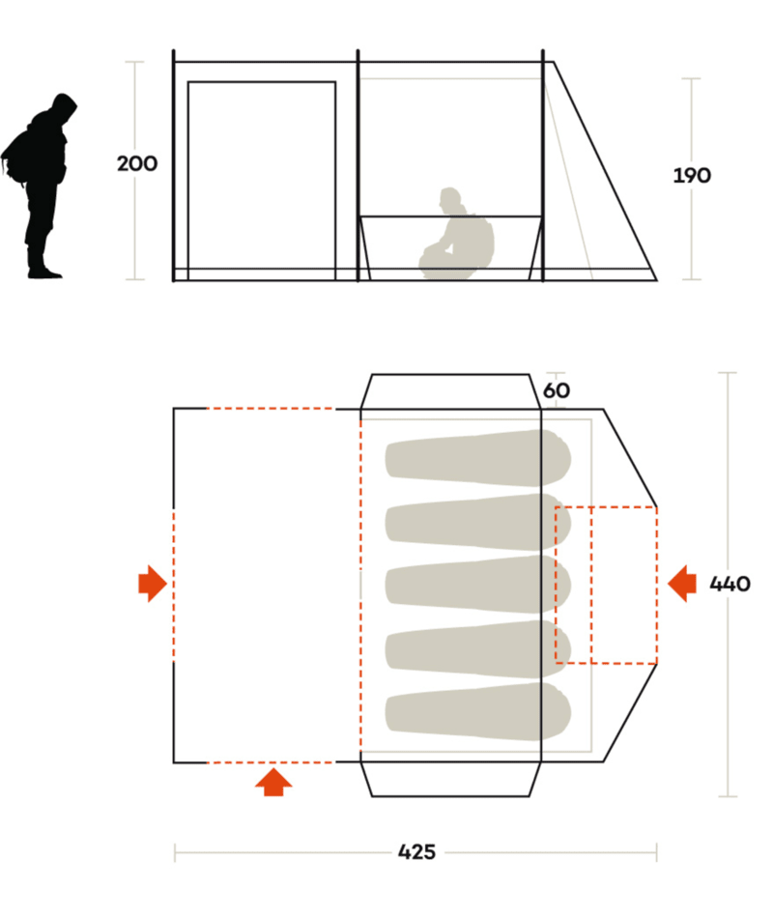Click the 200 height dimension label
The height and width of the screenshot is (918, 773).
click(137, 163)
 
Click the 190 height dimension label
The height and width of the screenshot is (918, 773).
click(692, 175)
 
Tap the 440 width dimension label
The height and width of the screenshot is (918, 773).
click(730, 584)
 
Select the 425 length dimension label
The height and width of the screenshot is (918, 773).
click(416, 852)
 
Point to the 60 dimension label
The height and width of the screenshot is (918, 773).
click(557, 390)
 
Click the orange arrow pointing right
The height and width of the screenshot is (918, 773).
click(153, 584)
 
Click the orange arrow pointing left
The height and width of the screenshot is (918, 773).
click(681, 584)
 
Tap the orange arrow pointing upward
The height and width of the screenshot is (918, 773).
click(273, 783)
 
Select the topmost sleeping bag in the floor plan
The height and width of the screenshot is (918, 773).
click(478, 458)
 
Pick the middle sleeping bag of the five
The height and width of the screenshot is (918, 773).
click(478, 585)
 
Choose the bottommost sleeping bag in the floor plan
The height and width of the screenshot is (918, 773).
click(478, 711)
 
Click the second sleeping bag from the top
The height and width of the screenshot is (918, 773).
click(478, 522)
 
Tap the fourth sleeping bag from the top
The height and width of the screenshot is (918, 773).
click(478, 648)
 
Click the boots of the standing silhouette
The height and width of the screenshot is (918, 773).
click(43, 271)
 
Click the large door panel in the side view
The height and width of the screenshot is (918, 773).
click(261, 181)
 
